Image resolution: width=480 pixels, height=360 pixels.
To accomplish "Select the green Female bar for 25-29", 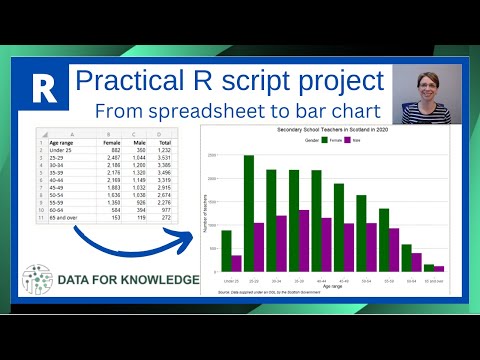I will [x=248, y=214].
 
